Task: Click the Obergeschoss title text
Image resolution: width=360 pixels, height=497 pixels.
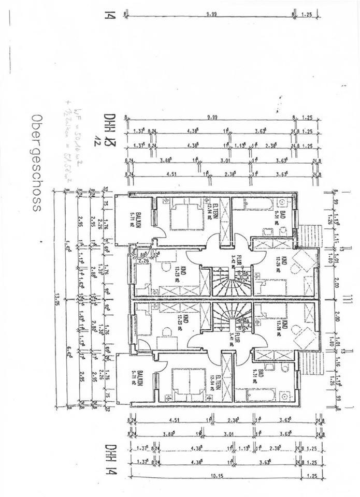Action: (35, 163)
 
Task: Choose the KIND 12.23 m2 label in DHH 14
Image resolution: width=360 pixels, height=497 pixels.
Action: (177, 327)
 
